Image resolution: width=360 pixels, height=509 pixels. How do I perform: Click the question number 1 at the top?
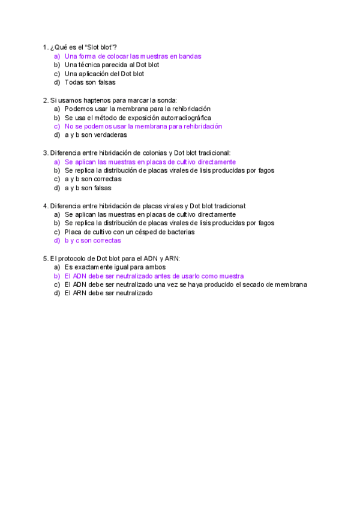pyautogui.click(x=45, y=47)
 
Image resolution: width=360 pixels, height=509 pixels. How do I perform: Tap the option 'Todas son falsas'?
pyautogui.click(x=90, y=82)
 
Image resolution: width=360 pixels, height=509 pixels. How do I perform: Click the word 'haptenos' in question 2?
pyautogui.click(x=86, y=100)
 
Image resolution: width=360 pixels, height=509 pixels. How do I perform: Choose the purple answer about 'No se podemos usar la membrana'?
pyautogui.click(x=143, y=127)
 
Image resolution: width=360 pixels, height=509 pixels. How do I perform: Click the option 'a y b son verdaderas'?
pyautogui.click(x=95, y=135)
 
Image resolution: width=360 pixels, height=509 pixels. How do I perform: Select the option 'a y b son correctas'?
pyautogui.click(x=92, y=179)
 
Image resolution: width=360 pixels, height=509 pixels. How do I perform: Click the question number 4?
pyautogui.click(x=45, y=206)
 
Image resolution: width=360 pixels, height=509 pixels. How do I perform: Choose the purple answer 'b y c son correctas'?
pyautogui.click(x=92, y=241)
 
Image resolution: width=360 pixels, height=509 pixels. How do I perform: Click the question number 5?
pyautogui.click(x=45, y=259)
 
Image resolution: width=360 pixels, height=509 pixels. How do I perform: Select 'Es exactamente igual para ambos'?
pyautogui.click(x=115, y=267)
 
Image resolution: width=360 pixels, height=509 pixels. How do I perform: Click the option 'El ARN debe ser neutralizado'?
pyautogui.click(x=108, y=294)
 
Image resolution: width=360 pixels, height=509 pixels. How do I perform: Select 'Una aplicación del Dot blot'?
pyautogui.click(x=104, y=74)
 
